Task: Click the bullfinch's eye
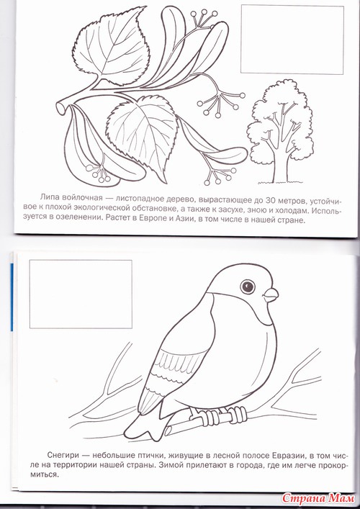tap(248, 287)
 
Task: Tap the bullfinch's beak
tap(271, 295)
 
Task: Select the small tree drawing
tap(280, 132)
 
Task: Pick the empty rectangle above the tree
tap(292, 40)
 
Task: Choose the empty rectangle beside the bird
tap(81, 294)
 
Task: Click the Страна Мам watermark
tap(318, 498)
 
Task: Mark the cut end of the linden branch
tap(60, 107)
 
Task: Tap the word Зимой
tap(170, 464)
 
